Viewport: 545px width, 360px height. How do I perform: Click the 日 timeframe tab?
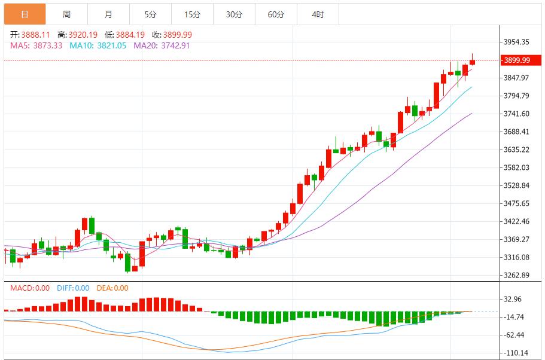25,14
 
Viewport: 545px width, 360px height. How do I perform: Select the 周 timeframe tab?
66,14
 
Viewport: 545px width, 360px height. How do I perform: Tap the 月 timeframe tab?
108,14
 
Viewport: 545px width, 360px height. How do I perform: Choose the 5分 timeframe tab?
150,14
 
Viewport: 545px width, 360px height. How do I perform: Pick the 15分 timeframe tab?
192,14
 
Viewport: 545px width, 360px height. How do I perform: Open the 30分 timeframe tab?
234,14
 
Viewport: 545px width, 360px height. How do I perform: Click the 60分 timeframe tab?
276,14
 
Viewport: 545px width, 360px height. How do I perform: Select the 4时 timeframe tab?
318,14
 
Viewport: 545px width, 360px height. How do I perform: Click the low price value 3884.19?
131,35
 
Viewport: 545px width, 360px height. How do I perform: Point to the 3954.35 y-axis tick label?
516,42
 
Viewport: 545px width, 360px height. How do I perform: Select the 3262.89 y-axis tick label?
516,275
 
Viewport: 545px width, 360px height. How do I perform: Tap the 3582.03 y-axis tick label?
516,167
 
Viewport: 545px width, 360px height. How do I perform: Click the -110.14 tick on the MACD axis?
516,353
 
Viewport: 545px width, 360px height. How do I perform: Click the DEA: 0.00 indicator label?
112,288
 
